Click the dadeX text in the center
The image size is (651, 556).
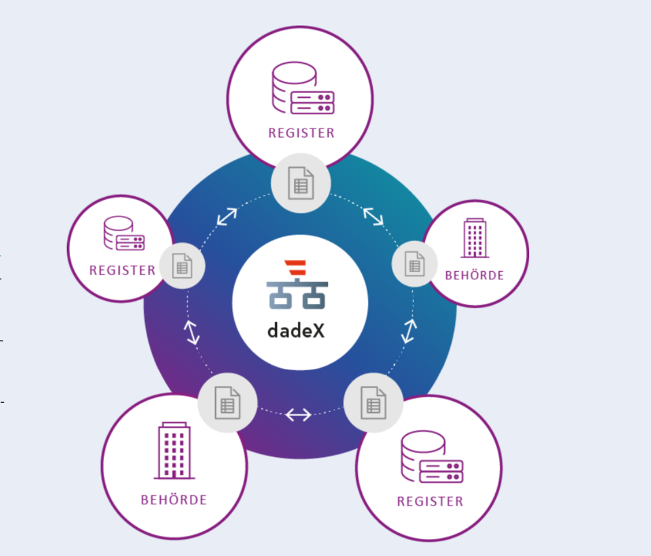296,331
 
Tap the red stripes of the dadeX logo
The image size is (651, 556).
295,268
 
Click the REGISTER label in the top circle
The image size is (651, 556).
301,133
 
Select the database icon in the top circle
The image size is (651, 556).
303,87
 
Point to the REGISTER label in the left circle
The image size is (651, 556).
122,271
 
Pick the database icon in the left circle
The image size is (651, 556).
124,233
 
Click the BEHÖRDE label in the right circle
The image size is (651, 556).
474,276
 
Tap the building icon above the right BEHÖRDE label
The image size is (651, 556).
475,238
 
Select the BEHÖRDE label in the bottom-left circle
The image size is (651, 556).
174,500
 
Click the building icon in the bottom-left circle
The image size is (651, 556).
174,451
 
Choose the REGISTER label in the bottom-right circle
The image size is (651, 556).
429,502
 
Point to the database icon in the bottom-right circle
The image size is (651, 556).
432,456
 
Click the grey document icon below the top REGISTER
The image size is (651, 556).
301,183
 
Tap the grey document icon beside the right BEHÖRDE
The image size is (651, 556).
415,264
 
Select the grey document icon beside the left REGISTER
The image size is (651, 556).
182,266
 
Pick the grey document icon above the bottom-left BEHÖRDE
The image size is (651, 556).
228,403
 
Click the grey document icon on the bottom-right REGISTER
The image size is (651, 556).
373,403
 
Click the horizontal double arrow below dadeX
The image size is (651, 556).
298,415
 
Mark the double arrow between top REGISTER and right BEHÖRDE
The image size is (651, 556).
373,216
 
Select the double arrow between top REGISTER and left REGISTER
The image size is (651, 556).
227,216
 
